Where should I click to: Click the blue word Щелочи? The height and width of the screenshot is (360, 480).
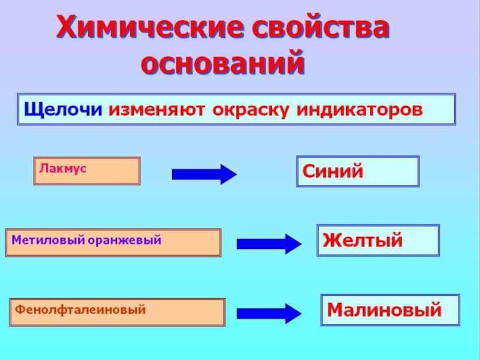click(64, 110)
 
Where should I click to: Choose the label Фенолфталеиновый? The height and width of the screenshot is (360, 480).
click(81, 310)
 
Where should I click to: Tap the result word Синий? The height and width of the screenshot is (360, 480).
click(333, 172)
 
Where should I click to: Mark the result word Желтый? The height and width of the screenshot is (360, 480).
click(362, 241)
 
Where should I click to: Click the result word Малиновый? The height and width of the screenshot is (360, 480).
click(384, 310)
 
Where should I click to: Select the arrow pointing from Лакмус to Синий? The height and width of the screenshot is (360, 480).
click(204, 174)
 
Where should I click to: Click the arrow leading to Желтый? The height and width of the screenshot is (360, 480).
click(268, 244)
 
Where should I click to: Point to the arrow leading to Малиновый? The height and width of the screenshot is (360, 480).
click(268, 313)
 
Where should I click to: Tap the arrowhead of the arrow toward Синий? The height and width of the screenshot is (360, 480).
click(227, 174)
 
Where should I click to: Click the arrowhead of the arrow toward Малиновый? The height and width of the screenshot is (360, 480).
click(292, 313)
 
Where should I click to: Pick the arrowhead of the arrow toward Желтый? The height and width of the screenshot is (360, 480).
click(292, 244)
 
